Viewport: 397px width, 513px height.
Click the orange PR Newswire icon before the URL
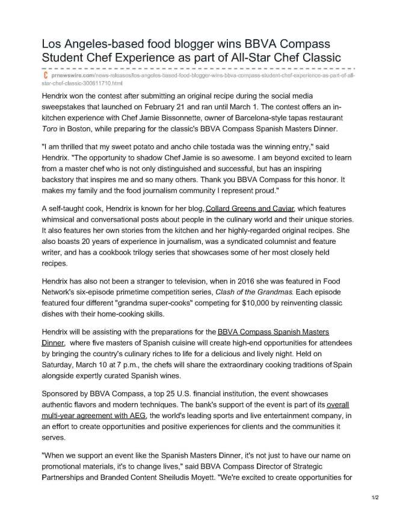(x=45, y=77)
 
